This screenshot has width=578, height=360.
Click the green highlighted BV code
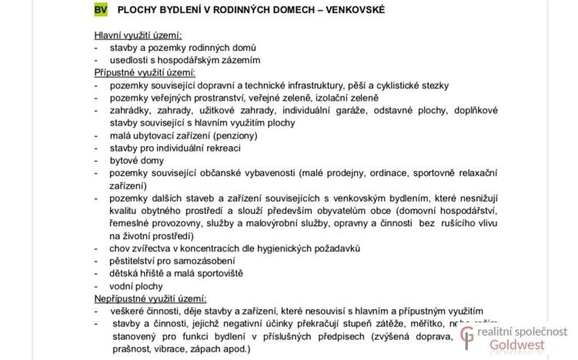101,9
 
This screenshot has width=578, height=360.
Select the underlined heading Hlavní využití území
138,35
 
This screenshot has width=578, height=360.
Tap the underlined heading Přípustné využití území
142,72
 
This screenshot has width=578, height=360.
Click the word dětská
125,273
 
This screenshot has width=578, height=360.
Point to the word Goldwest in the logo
516,345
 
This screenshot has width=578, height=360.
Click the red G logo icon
466,337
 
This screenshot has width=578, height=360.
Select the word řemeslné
132,223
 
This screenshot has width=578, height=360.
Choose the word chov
120,248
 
